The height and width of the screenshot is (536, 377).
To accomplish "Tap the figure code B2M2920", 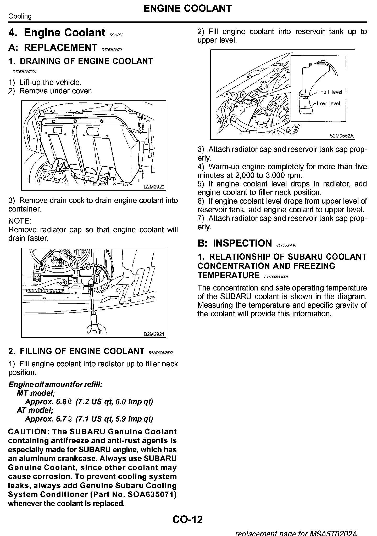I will (x=154, y=187).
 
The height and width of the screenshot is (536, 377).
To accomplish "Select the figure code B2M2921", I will (x=154, y=334).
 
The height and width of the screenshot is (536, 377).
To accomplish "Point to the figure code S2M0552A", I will (x=341, y=136).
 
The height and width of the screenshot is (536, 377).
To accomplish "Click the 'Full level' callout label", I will (x=331, y=92).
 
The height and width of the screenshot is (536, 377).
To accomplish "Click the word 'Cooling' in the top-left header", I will (x=20, y=16).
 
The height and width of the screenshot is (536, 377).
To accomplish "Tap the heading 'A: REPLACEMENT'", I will (x=53, y=48).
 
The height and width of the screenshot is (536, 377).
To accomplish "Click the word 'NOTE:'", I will (x=20, y=221).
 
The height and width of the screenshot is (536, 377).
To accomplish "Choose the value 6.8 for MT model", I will (x=62, y=402).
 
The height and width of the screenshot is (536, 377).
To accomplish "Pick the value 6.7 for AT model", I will (x=62, y=419).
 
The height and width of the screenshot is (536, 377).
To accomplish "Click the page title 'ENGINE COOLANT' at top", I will (x=187, y=8).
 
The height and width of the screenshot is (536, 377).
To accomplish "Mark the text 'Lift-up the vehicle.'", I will (x=50, y=82).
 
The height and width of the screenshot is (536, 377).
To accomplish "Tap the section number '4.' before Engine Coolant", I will (x=13, y=33).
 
